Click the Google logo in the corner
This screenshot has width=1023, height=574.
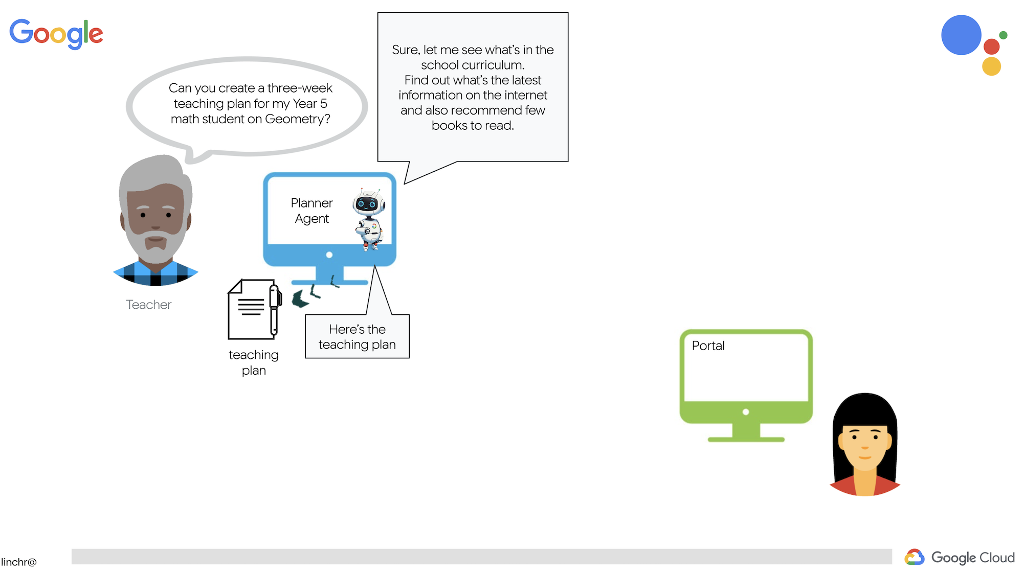point(56,33)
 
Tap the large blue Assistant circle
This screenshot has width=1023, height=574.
point(961,35)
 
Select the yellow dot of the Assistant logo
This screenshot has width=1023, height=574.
point(991,66)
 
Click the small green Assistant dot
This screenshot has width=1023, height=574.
point(1003,35)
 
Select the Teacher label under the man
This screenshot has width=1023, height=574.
point(148,305)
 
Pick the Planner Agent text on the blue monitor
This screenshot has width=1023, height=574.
point(312,211)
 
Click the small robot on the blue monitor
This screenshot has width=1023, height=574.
point(369,219)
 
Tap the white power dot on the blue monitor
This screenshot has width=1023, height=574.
point(329,255)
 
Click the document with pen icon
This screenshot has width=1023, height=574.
point(254,309)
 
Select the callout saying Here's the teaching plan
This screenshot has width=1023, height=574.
point(357,337)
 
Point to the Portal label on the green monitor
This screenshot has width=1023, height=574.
point(708,346)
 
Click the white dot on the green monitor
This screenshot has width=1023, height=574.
point(746,412)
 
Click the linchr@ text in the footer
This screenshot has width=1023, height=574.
point(19,562)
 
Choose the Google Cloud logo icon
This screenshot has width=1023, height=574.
point(914,557)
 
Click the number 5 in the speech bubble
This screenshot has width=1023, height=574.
point(323,104)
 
